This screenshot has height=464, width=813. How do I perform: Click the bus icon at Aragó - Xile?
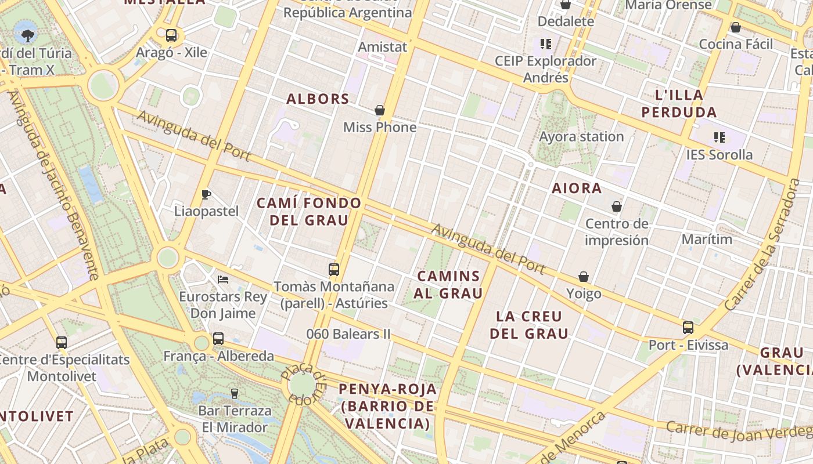[x=171, y=35]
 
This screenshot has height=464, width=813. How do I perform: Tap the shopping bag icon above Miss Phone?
[x=380, y=110]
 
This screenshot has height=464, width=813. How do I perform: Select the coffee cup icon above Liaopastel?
[x=206, y=194]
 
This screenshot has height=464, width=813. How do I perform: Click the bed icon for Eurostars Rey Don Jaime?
[x=223, y=280]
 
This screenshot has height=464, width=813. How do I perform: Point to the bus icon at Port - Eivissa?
[x=688, y=328]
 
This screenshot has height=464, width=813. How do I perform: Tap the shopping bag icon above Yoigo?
[x=584, y=277]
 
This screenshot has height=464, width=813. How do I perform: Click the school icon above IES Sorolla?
[x=720, y=137]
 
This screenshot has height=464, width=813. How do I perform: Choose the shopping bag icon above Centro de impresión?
[x=617, y=206]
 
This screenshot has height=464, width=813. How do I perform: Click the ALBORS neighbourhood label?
[x=318, y=99]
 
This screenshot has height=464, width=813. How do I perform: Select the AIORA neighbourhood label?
[x=577, y=188]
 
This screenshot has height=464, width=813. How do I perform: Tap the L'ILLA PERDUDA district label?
[x=679, y=103]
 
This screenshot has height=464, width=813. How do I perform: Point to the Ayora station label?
[x=581, y=137]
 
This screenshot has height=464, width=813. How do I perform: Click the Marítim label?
[x=707, y=239]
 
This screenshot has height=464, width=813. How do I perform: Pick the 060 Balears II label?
[x=348, y=334]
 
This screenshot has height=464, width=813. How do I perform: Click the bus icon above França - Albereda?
[x=218, y=339]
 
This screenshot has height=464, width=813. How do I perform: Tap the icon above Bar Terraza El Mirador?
[x=235, y=393]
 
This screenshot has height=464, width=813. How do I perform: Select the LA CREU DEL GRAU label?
[x=529, y=325]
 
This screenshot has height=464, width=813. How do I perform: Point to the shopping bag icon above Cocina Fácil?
[x=736, y=27]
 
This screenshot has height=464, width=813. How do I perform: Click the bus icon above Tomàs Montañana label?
[x=334, y=270]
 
